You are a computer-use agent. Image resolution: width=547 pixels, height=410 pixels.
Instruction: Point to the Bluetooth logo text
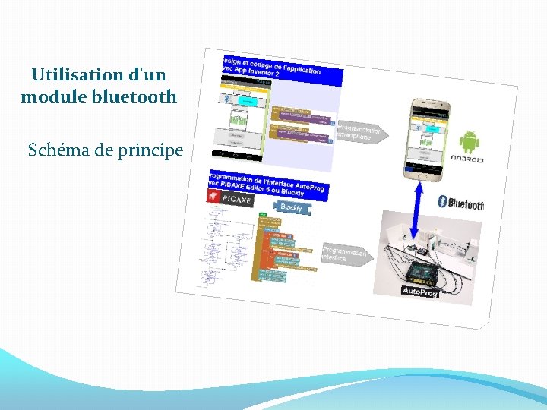pos(461,203)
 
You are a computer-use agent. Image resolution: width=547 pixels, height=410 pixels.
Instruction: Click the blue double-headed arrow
pos(417,208)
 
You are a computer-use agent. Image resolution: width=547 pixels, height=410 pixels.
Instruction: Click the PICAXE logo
pos(231,197)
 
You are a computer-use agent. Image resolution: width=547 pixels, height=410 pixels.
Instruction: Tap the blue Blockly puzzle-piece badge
pos(289,207)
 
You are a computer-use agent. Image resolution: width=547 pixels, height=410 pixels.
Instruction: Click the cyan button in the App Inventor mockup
pos(248,100)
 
